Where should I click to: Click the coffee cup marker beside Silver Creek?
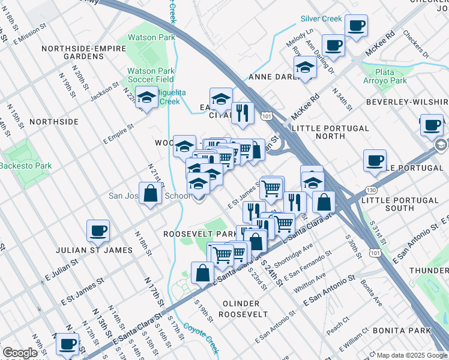(356, 26)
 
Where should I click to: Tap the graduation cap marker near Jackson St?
(146, 97)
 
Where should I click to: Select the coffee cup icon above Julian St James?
(98, 230)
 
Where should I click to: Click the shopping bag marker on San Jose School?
(151, 194)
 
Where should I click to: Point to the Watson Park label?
(150, 37)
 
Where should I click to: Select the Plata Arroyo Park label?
(385, 76)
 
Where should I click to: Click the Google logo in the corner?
(20, 353)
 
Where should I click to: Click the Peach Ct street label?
(338, 325)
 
